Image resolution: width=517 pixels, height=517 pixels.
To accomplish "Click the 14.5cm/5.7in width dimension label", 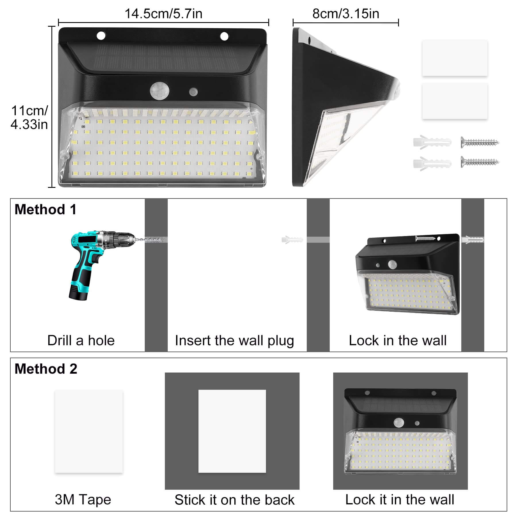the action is (x=163, y=13).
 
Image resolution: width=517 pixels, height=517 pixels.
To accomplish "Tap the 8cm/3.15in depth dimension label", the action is (x=346, y=13).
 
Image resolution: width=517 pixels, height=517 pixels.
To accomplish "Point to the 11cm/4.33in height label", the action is (x=29, y=117).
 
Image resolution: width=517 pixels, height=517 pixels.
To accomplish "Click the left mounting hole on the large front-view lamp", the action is (x=101, y=36).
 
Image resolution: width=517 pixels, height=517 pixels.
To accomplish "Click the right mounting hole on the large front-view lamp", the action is (x=224, y=36).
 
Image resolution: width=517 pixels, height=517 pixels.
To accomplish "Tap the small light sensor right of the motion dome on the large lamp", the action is (x=193, y=92).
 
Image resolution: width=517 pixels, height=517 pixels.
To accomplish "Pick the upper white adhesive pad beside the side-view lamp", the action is (x=455, y=58).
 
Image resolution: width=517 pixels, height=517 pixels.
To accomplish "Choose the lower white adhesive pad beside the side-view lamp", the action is (x=455, y=101).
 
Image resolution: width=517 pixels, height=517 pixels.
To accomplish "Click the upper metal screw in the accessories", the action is (x=480, y=142).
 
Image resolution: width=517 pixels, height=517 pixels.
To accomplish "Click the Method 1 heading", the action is (x=46, y=209).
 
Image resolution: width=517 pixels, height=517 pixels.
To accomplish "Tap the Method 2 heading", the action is (x=46, y=369).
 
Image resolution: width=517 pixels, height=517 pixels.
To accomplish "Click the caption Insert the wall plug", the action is (x=234, y=341).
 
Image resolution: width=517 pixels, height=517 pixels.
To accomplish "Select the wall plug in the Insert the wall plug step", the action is (x=292, y=240).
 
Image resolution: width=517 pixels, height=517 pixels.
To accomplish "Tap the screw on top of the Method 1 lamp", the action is (x=425, y=238).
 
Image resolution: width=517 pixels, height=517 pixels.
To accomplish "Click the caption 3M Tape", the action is (x=83, y=500).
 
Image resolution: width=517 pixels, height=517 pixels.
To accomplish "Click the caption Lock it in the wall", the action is (x=400, y=500).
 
